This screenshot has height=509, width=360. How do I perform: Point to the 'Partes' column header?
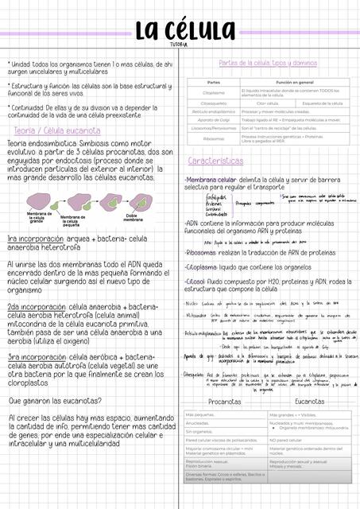pos(213,82)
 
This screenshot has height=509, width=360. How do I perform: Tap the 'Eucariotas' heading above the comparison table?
pos(309,402)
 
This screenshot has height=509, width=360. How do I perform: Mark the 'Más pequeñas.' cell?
pos(200,415)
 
